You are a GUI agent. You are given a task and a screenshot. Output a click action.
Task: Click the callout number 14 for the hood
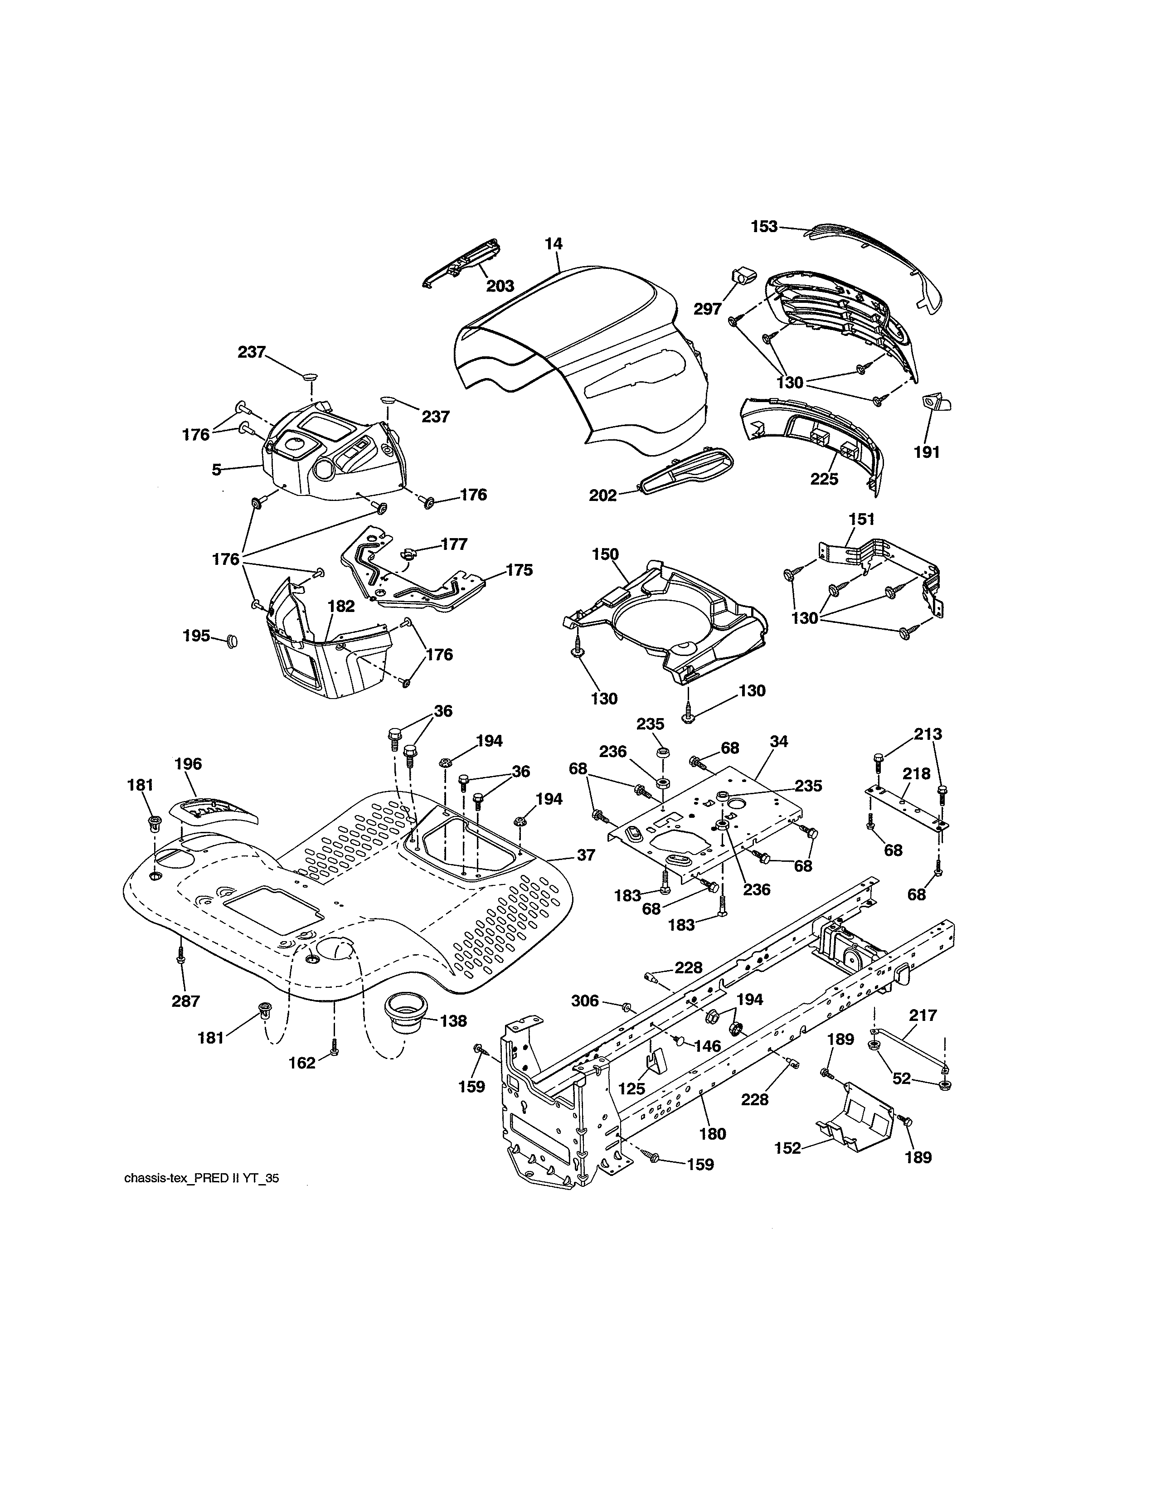[554, 244]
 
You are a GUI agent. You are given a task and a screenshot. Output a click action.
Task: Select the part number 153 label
[764, 227]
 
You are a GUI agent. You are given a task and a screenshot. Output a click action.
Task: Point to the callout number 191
[927, 452]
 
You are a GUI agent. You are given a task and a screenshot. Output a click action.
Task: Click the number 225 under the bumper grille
[824, 479]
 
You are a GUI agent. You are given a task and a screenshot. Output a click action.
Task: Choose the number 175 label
[519, 570]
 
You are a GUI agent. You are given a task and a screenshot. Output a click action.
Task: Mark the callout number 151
[861, 519]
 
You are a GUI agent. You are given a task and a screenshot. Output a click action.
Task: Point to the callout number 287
[185, 1001]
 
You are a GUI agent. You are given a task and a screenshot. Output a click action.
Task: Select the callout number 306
[585, 1001]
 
